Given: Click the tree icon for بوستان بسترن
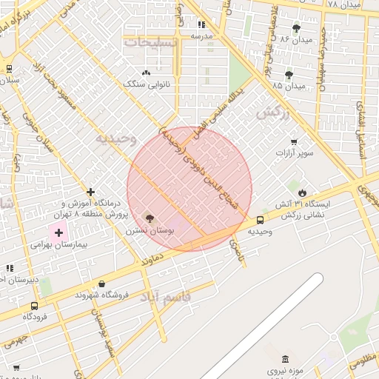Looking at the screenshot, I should [x=150, y=218].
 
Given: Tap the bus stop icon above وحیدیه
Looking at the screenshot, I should [x=260, y=220].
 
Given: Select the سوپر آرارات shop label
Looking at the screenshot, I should [x=296, y=153].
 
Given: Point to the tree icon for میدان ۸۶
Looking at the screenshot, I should [x=297, y=28].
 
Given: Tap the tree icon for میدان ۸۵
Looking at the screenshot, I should [x=289, y=75].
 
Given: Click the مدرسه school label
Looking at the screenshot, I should [x=201, y=36].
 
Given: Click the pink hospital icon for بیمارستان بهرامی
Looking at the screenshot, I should [x=58, y=232].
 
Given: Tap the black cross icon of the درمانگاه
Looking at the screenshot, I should [x=91, y=192].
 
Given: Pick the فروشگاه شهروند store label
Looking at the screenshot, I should [x=102, y=295].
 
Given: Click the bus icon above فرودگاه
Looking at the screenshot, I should [x=34, y=306].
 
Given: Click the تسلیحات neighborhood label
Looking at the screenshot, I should [x=150, y=42].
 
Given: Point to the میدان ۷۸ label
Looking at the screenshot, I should [x=343, y=5].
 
